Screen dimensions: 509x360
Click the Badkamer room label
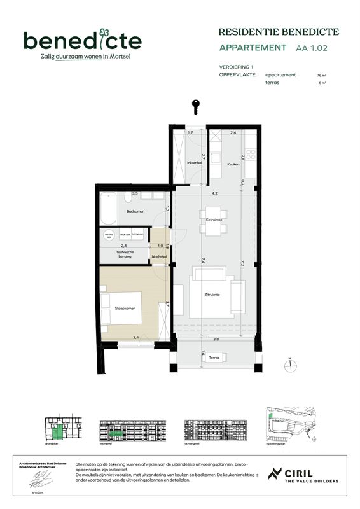[x=135, y=211]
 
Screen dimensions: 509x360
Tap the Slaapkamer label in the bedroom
[x=125, y=309]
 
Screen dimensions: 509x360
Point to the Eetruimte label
[x=214, y=220]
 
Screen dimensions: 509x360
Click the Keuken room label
[x=233, y=165]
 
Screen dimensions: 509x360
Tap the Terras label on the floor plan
[x=214, y=359]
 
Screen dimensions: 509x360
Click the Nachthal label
[x=159, y=257]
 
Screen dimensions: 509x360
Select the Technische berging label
[x=125, y=254]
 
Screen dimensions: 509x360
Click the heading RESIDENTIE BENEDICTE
[x=279, y=32]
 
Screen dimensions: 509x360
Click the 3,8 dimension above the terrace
[x=216, y=339]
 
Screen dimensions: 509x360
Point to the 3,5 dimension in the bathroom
[x=135, y=193]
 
